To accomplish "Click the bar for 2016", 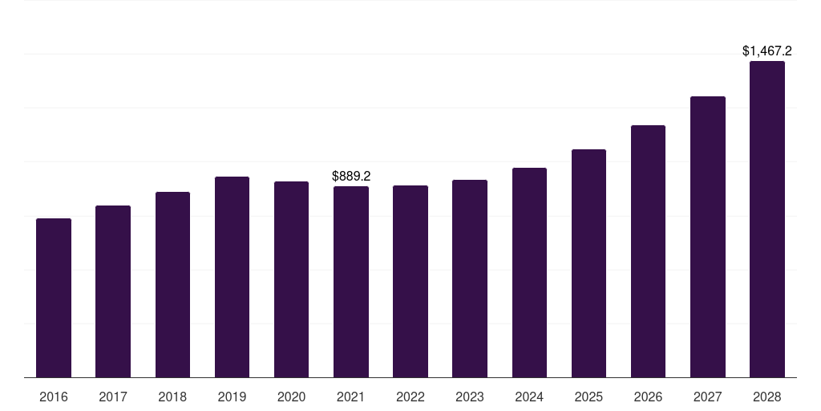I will [x=54, y=298].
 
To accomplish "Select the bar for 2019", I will [x=232, y=277].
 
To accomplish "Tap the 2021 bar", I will [x=351, y=282].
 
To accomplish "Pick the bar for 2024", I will [x=529, y=273].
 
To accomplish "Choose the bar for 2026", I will [x=648, y=251].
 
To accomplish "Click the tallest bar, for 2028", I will [x=767, y=219].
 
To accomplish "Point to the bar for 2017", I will [x=113, y=291].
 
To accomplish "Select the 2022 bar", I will [x=410, y=282].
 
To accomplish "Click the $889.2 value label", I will [x=351, y=176].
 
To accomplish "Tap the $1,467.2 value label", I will [x=767, y=51].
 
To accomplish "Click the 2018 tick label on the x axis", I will [x=172, y=397].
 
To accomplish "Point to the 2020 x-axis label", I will [x=291, y=397].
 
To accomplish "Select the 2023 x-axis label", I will [x=470, y=397].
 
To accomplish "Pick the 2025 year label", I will [x=588, y=397].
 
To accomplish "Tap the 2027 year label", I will [x=707, y=397].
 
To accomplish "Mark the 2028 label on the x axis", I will [x=767, y=397].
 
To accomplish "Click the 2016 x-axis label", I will [x=54, y=397].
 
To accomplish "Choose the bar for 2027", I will [x=707, y=237].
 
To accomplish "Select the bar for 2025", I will [x=588, y=263].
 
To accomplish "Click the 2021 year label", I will [x=351, y=397].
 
